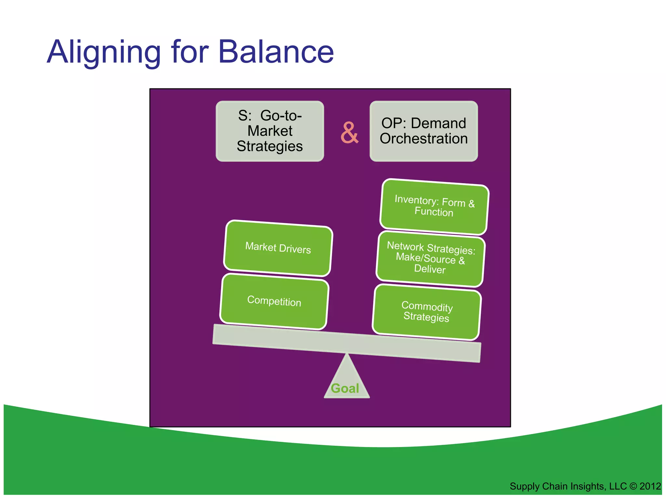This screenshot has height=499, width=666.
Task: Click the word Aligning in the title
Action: point(104,52)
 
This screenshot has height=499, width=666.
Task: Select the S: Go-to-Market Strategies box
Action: point(270,131)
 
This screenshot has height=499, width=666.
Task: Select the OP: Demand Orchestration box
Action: point(423,131)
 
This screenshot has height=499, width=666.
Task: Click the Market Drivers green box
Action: point(278,248)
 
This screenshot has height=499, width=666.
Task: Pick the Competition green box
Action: point(274,301)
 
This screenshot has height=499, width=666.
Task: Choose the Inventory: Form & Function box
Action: point(434,206)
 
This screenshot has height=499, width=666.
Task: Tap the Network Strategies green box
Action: point(430,259)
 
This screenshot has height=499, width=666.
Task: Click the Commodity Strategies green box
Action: point(426,312)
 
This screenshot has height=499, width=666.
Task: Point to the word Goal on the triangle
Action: point(345,389)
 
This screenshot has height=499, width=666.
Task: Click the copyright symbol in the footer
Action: point(633,486)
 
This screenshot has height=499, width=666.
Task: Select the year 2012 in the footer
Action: point(650,486)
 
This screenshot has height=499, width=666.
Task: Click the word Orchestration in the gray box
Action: point(423,139)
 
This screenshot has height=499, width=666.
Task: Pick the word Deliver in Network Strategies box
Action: point(430,269)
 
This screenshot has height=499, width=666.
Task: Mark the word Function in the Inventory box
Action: point(434,212)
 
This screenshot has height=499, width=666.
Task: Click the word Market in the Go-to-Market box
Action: point(270,131)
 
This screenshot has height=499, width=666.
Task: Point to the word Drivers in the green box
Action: point(295,249)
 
